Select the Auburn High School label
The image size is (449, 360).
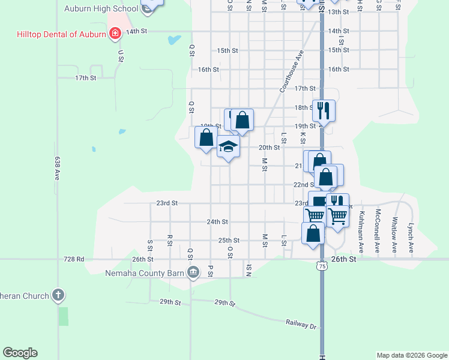(101, 9)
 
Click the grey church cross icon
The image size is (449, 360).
(58, 295)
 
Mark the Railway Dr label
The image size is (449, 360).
(301, 323)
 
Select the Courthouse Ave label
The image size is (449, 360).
(292, 71)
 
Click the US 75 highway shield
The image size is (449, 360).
(323, 265)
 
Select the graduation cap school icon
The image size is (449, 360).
(228, 146)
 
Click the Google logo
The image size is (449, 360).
(20, 353)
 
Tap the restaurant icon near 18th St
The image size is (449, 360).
(324, 110)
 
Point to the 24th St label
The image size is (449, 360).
(217, 221)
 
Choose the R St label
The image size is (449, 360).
(170, 239)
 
